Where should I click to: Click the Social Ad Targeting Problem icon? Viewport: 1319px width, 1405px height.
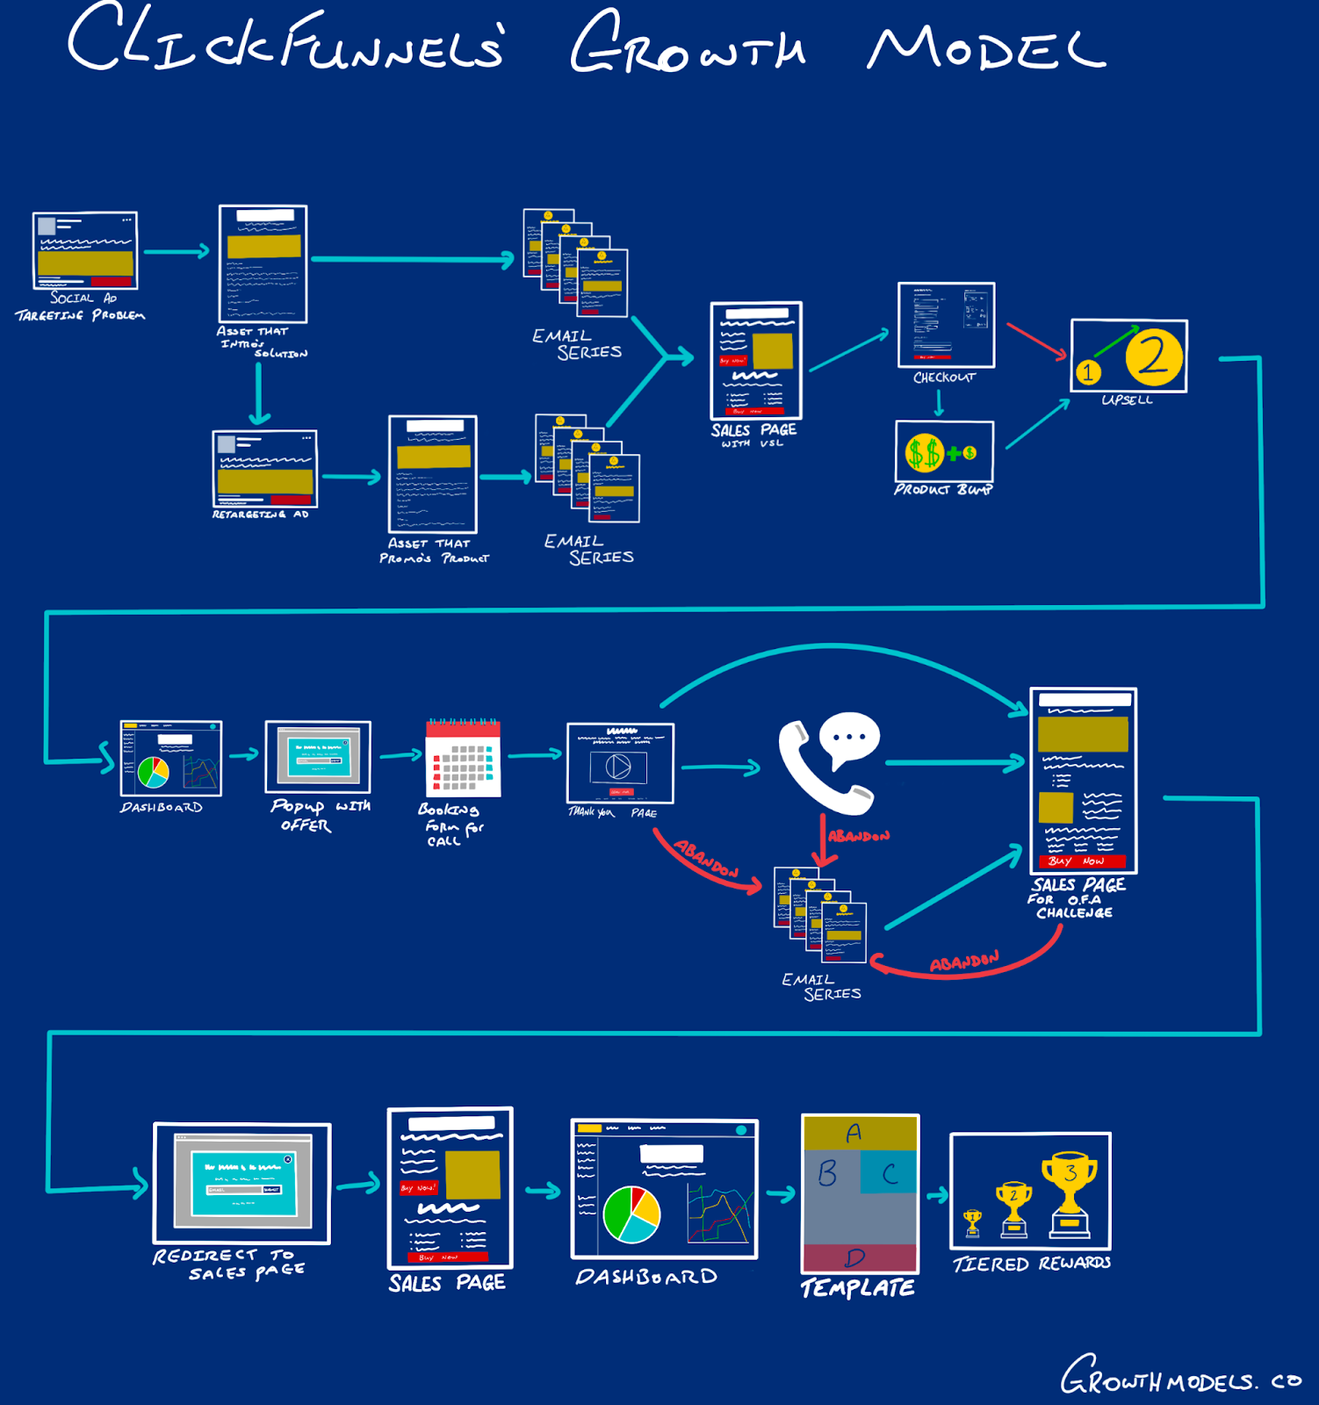pos(85,250)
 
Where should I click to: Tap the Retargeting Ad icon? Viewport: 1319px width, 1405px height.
pos(265,469)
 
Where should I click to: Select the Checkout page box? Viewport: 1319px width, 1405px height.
pos(946,325)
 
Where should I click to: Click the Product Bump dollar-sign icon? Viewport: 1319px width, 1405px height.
pos(924,453)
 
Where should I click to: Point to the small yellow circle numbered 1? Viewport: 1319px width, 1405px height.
pos(1088,372)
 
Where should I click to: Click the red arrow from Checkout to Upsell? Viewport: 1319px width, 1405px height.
pos(1036,341)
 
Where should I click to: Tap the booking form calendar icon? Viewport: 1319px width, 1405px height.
pos(463,759)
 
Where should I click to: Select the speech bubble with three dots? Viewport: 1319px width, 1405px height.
pos(848,738)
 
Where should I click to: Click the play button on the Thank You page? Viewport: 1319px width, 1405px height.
pos(618,767)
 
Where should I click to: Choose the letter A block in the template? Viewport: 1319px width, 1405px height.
pos(859,1133)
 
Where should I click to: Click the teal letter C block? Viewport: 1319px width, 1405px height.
pos(889,1174)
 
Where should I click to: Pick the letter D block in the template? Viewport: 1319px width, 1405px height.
pos(859,1257)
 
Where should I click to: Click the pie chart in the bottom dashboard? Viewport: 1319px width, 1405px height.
pos(631,1214)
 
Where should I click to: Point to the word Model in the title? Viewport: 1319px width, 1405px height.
pos(985,48)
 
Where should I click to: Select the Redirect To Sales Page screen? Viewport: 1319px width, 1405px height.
pos(242,1183)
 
